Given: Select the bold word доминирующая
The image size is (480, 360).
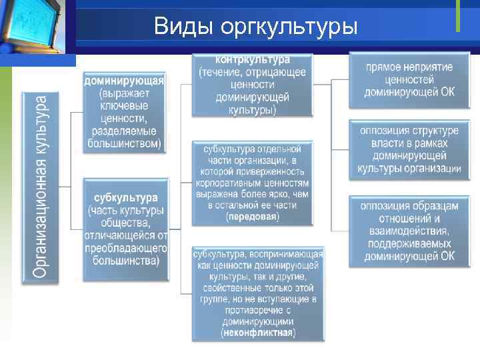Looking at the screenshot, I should (123, 81).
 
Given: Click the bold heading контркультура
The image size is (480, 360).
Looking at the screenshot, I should (253, 60).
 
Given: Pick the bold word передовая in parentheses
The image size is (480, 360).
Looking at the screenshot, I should (253, 217).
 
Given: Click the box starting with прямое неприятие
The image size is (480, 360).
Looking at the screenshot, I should (409, 79).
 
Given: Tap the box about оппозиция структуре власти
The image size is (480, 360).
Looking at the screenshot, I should (409, 149).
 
